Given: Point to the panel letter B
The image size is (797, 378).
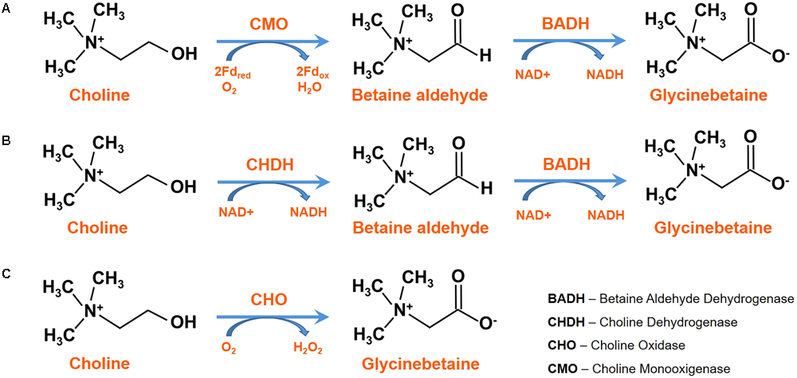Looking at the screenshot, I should pos(6,141).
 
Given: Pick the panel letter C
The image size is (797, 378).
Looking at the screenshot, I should pos(6,274).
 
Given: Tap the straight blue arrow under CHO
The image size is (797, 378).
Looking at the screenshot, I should pos(271,316).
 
